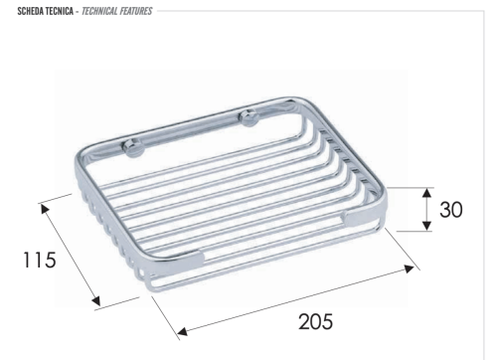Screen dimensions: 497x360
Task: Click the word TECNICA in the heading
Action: point(60,11)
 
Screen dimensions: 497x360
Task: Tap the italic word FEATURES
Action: point(136,11)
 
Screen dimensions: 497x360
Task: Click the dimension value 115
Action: point(39,260)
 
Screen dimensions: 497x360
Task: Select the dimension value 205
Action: point(316,321)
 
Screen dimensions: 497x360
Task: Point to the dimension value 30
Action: point(451,210)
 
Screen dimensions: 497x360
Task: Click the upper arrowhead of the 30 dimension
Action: point(427,193)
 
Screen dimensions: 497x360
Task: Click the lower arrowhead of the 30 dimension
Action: point(427,226)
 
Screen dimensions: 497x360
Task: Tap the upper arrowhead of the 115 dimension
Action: point(45,209)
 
